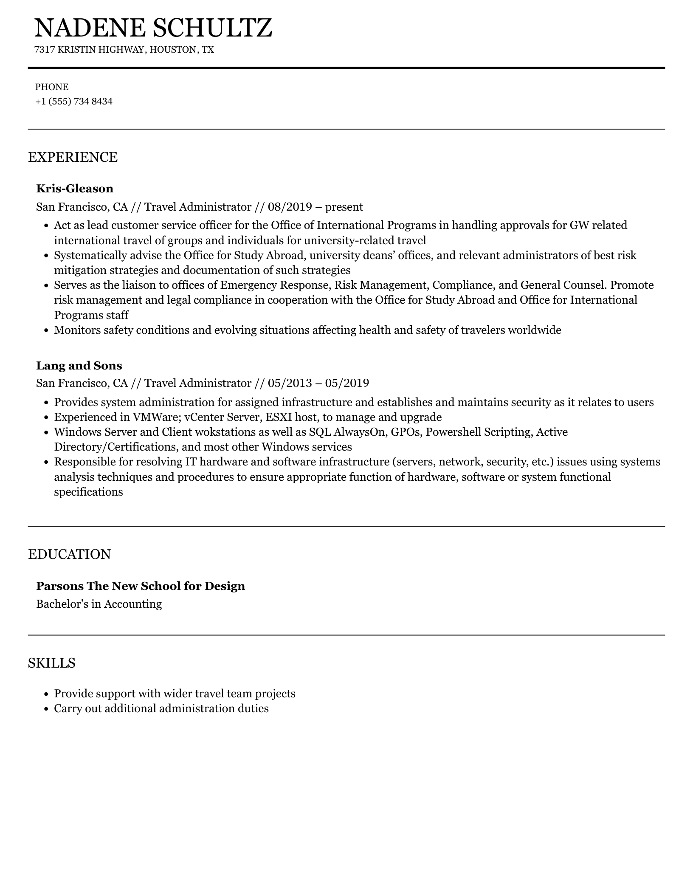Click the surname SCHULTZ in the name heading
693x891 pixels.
(212, 28)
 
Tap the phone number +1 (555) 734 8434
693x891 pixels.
(74, 102)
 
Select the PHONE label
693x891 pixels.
(52, 87)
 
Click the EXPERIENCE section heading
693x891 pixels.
(73, 157)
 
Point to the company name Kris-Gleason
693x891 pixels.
(75, 189)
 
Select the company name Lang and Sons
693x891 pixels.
(79, 366)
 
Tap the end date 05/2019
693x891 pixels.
(347, 383)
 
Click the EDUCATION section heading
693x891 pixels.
(69, 554)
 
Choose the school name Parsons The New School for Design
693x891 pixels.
(141, 586)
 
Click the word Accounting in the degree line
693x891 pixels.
(133, 604)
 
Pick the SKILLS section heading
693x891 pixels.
(52, 663)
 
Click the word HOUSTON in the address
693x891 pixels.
(173, 50)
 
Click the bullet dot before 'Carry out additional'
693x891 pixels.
(47, 709)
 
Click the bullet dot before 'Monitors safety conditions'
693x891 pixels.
(47, 330)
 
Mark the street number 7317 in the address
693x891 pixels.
(45, 50)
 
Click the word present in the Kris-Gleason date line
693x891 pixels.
(344, 207)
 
